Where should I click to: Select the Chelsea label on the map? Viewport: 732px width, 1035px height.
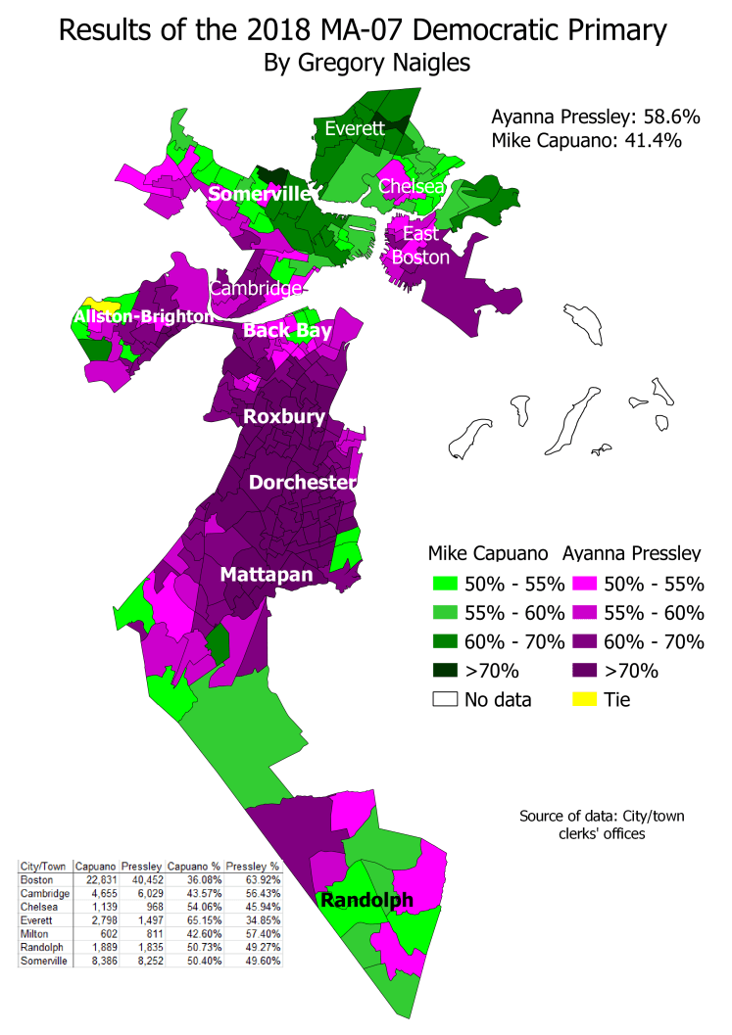pyautogui.click(x=412, y=186)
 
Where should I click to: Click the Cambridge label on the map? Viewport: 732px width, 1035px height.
pyautogui.click(x=255, y=289)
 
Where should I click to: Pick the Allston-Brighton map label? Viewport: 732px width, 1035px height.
pyautogui.click(x=143, y=316)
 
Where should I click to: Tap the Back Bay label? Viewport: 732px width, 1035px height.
pyautogui.click(x=287, y=331)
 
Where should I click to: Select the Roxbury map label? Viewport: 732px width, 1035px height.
pyautogui.click(x=284, y=416)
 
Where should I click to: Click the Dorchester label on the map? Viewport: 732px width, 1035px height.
pyautogui.click(x=301, y=483)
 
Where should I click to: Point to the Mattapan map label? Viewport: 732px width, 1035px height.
pyautogui.click(x=267, y=574)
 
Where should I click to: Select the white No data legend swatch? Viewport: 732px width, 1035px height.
pyautogui.click(x=447, y=699)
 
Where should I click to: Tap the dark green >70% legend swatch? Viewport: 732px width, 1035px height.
pyautogui.click(x=447, y=671)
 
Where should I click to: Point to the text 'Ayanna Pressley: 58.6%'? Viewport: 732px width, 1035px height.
pyautogui.click(x=595, y=117)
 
